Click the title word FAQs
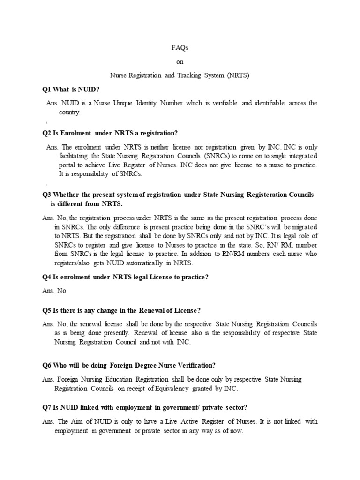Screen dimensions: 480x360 [180, 47]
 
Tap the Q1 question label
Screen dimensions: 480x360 [46, 89]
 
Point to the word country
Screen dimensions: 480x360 [69, 112]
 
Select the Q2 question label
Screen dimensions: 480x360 [46, 133]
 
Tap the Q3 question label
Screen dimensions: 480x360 [46, 194]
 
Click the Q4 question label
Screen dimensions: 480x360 [46, 277]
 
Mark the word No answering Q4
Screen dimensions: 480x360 [61, 291]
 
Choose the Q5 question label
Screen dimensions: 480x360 [46, 310]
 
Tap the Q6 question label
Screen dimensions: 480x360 [46, 365]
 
